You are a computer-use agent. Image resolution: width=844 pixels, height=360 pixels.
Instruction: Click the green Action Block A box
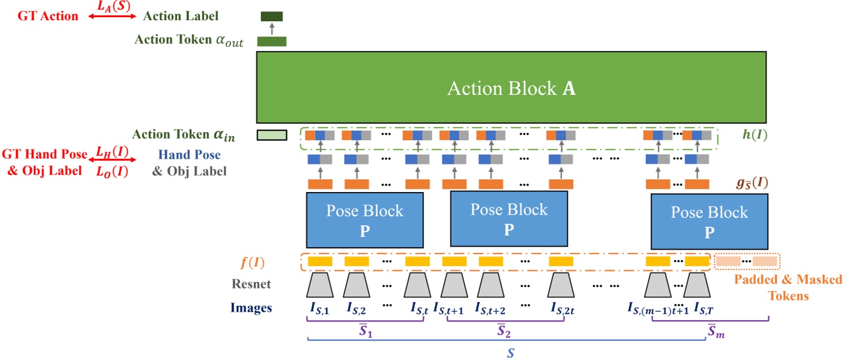click(511, 87)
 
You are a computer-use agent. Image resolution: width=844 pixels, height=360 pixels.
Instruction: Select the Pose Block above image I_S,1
click(365, 219)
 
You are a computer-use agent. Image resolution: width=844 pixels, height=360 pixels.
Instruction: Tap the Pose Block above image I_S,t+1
click(509, 219)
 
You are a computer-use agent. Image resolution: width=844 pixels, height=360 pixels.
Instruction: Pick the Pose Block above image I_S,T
click(709, 221)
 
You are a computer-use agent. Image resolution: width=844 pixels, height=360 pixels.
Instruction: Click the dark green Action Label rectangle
click(272, 16)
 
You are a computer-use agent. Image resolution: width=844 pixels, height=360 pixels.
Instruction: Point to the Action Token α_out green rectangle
click(272, 41)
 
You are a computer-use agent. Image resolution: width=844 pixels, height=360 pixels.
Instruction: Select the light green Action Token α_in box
click(272, 135)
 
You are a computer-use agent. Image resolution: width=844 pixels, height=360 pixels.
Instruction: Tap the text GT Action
click(48, 16)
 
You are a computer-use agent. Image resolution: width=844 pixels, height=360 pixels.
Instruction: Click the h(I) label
click(754, 136)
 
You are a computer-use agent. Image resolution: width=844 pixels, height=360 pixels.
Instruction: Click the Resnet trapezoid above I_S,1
click(320, 285)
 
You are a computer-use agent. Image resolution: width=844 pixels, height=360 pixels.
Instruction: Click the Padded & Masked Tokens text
click(788, 288)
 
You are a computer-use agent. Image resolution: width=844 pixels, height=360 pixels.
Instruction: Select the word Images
click(251, 308)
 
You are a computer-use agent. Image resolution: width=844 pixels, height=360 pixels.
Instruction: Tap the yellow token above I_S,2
click(357, 262)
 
